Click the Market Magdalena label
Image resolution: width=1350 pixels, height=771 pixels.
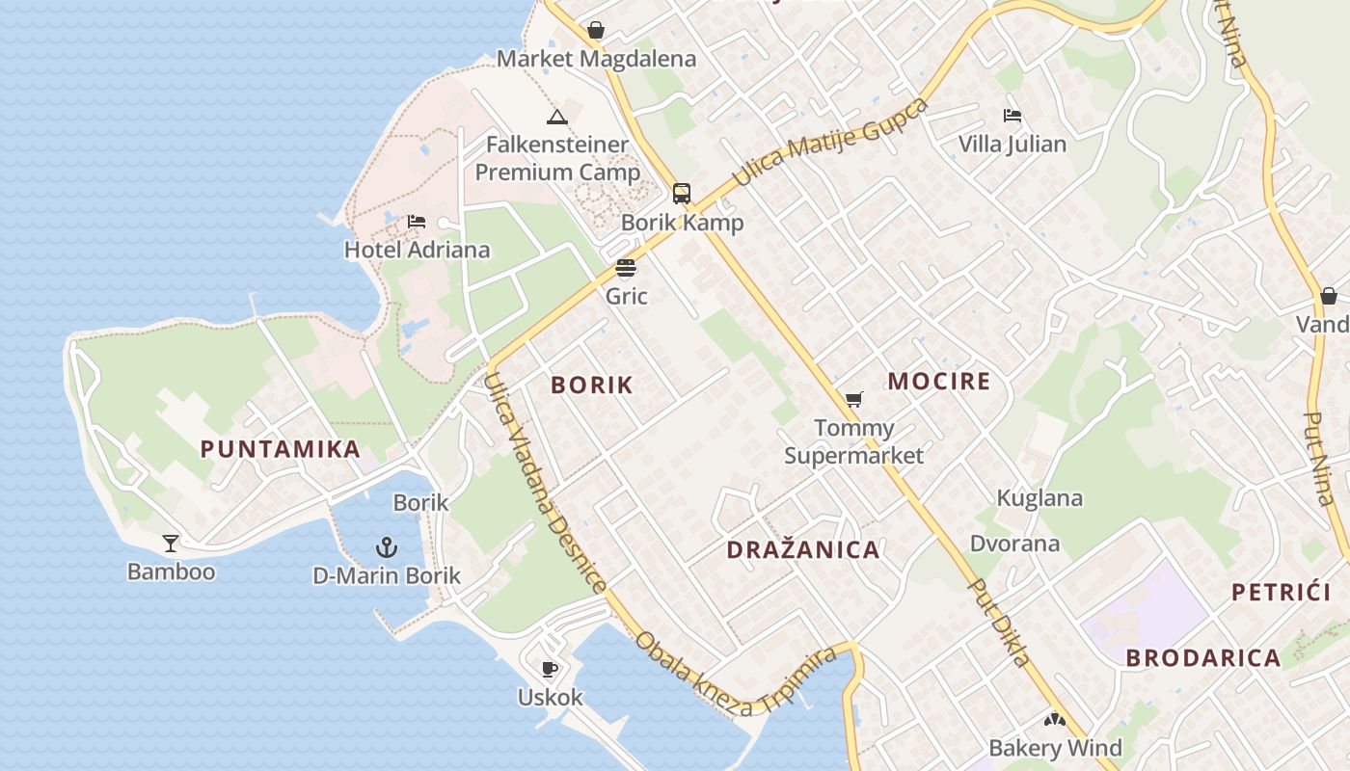click(596, 59)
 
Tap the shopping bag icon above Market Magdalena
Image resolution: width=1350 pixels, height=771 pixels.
click(596, 30)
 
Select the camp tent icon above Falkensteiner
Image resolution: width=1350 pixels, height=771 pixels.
click(556, 117)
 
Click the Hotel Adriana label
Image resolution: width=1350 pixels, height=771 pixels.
click(417, 250)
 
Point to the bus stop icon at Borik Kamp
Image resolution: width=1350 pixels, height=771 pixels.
click(682, 194)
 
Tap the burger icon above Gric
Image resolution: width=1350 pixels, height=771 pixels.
click(626, 268)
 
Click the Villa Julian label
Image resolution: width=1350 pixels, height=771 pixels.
click(1012, 145)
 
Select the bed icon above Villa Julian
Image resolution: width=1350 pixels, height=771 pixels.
click(1012, 116)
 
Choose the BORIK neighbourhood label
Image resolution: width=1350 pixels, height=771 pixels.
click(592, 385)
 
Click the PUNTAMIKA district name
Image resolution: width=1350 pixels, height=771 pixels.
click(281, 449)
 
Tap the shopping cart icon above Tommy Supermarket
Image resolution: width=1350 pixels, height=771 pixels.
click(853, 399)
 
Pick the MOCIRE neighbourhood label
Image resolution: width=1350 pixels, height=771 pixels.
click(939, 382)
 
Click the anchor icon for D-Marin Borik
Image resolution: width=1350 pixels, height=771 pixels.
click(386, 547)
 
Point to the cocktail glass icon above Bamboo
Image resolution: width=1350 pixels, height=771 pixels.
click(171, 544)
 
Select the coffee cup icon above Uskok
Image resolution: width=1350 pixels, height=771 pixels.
click(550, 669)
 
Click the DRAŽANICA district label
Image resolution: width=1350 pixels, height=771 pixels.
click(803, 550)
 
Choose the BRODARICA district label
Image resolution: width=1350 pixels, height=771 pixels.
click(1203, 658)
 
